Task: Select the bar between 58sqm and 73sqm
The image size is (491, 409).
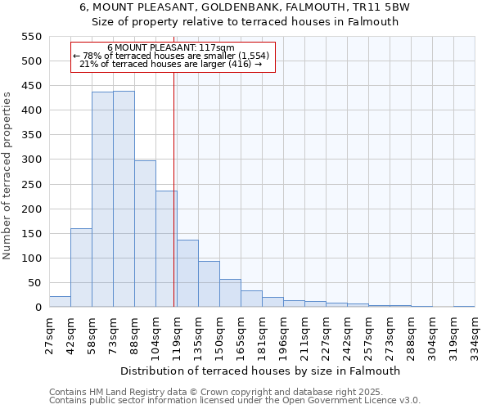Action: point(102,200)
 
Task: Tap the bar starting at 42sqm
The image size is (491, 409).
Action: point(81,267)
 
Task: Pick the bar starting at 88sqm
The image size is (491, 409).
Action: point(145,234)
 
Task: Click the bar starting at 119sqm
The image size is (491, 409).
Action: point(187,273)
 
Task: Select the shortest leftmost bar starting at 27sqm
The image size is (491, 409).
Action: point(60,302)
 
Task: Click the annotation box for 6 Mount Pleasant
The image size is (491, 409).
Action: point(173,56)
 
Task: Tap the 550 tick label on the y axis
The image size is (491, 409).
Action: point(30,37)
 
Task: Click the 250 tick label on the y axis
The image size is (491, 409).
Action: point(30,209)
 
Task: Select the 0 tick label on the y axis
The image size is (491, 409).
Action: point(38,308)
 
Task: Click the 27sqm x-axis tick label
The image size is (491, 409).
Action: point(50,335)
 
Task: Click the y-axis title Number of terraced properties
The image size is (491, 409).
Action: point(8,175)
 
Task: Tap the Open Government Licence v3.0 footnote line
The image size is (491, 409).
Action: point(235,401)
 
